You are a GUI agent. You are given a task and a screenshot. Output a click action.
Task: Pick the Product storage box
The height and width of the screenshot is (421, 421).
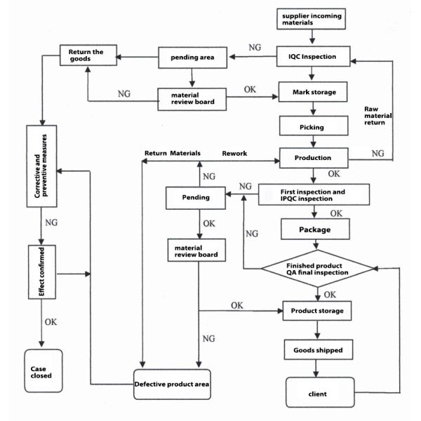click(316, 309)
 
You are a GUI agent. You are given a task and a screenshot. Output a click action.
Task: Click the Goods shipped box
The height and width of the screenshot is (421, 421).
click(316, 349)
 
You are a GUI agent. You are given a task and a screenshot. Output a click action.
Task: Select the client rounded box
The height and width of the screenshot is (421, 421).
click(316, 393)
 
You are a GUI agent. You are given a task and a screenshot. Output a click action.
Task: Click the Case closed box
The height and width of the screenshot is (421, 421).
click(44, 370)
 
